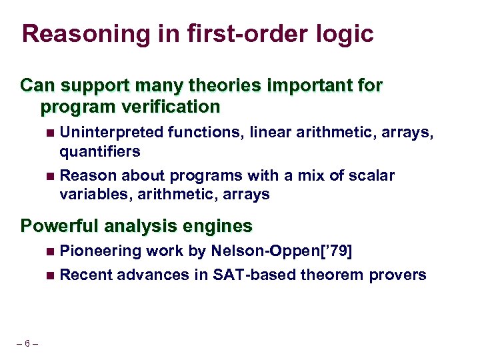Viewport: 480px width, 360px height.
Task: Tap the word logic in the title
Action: [345, 33]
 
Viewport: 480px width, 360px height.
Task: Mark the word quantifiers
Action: [99, 151]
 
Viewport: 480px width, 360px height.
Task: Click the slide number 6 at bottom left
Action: [26, 343]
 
